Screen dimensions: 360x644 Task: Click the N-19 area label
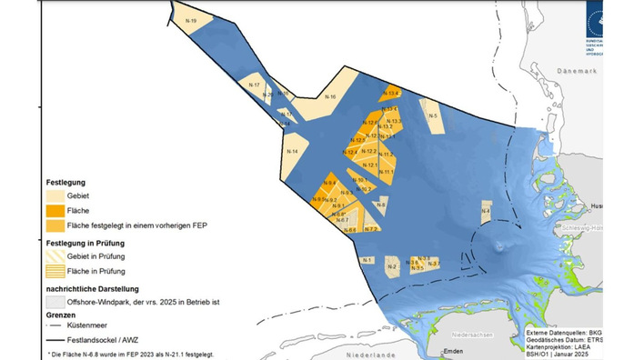[190, 19]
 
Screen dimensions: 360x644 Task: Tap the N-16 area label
[330, 97]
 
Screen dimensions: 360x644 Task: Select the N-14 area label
[292, 151]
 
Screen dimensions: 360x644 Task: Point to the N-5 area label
[434, 115]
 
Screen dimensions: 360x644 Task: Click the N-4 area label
[487, 212]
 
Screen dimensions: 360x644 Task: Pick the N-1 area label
[366, 260]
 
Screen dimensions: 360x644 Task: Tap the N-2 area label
[391, 267]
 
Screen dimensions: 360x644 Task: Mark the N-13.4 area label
[391, 94]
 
